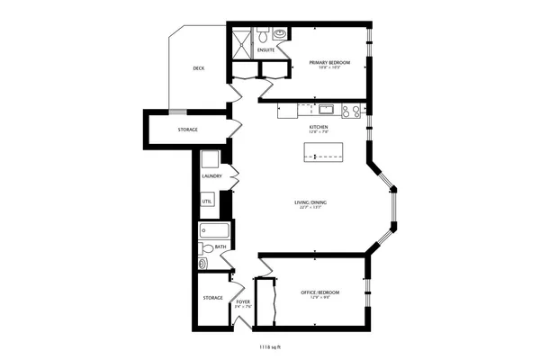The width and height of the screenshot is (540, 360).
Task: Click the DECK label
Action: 198,68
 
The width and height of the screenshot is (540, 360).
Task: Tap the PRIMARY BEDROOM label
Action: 329,62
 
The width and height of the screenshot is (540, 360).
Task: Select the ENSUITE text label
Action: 265,50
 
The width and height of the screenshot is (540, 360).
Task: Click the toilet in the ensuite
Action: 263,36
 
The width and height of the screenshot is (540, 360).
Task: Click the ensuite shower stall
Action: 240,43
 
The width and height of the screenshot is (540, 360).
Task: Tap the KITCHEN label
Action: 319,128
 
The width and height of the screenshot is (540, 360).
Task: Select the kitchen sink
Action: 326,111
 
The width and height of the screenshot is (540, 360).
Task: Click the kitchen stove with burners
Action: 350,112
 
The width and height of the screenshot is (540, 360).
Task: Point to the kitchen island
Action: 324,159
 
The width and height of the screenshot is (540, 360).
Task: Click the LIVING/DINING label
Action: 310,202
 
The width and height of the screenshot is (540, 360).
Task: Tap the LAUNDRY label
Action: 211,176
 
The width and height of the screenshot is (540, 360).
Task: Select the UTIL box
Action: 207,202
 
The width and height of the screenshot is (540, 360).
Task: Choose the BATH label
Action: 220,247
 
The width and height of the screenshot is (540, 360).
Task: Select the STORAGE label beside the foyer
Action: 212,297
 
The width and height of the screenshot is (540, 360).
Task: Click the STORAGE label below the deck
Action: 187,130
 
